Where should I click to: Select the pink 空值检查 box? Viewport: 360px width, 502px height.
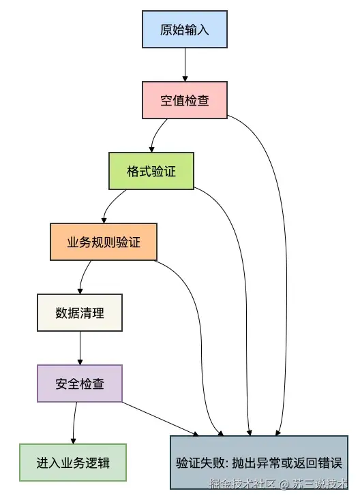click(x=184, y=101)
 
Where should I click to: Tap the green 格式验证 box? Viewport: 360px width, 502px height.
click(x=151, y=171)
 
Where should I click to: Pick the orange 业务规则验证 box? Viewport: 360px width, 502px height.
click(x=104, y=242)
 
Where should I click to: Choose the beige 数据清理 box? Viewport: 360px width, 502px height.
click(x=80, y=313)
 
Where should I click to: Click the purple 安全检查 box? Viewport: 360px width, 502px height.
click(x=80, y=383)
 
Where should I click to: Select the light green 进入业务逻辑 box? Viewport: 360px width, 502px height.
click(x=72, y=462)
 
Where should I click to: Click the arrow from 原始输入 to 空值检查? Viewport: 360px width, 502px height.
click(x=184, y=66)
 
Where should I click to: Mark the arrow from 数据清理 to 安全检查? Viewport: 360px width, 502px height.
click(x=80, y=348)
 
